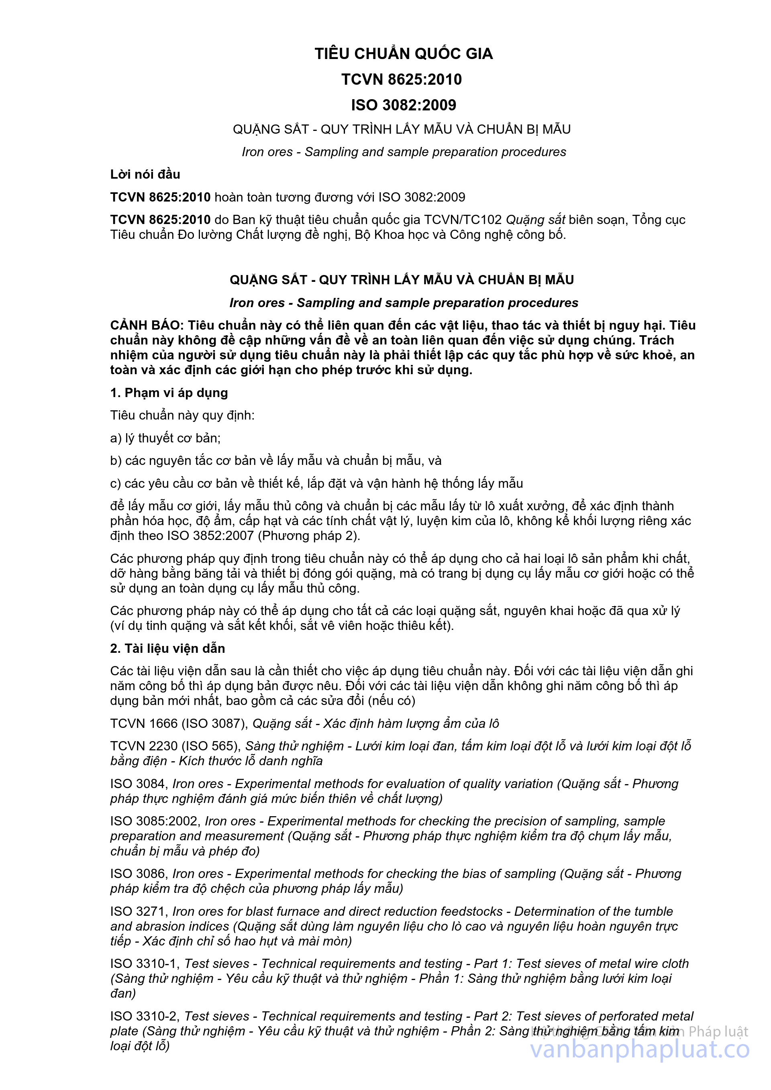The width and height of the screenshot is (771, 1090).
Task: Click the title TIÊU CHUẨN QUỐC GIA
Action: tap(404, 54)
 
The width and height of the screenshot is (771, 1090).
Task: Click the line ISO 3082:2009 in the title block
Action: tap(404, 105)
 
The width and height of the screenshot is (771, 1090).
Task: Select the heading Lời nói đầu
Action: tap(145, 174)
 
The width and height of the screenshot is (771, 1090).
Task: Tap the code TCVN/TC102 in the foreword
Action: tap(463, 220)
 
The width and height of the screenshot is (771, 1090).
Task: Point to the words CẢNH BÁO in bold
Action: tap(146, 326)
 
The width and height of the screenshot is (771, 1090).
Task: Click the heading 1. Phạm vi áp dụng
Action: tap(169, 393)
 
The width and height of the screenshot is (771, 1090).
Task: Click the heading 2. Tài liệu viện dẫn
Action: tap(167, 648)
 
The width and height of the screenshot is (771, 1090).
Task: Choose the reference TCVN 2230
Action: tap(137, 746)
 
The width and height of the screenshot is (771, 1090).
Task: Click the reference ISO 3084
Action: tap(138, 784)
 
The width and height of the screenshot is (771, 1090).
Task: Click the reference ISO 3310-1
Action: tap(144, 964)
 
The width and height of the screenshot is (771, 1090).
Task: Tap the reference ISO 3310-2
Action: tap(144, 1017)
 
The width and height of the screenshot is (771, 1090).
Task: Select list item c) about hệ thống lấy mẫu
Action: tap(316, 483)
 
